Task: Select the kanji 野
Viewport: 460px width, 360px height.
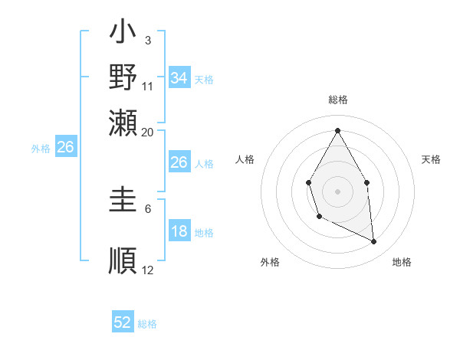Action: tap(123, 77)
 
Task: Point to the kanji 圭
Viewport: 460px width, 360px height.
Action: tap(123, 202)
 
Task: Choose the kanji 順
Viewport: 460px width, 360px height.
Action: tap(123, 258)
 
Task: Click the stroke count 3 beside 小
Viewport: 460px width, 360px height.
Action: tap(147, 40)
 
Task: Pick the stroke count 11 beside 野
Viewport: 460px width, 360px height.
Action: tap(148, 86)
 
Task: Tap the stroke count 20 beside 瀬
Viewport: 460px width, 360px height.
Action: tap(148, 132)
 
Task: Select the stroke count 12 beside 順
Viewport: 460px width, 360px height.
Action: tap(148, 270)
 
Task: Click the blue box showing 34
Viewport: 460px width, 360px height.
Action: tap(179, 77)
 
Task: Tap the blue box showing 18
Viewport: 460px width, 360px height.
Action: tap(179, 232)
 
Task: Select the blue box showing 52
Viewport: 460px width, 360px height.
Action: tap(123, 322)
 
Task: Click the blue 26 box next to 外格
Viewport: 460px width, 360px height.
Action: tap(65, 147)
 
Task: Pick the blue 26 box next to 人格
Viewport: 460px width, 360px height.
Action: tap(179, 162)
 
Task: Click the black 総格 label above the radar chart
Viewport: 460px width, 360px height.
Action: tap(337, 100)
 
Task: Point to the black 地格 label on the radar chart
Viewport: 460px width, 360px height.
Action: tap(402, 263)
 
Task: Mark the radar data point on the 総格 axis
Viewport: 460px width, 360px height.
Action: tap(337, 130)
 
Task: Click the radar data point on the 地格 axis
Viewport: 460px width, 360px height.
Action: tap(374, 242)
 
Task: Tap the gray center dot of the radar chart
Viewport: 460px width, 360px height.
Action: tap(337, 191)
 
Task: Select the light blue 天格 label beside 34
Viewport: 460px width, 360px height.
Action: tap(204, 79)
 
